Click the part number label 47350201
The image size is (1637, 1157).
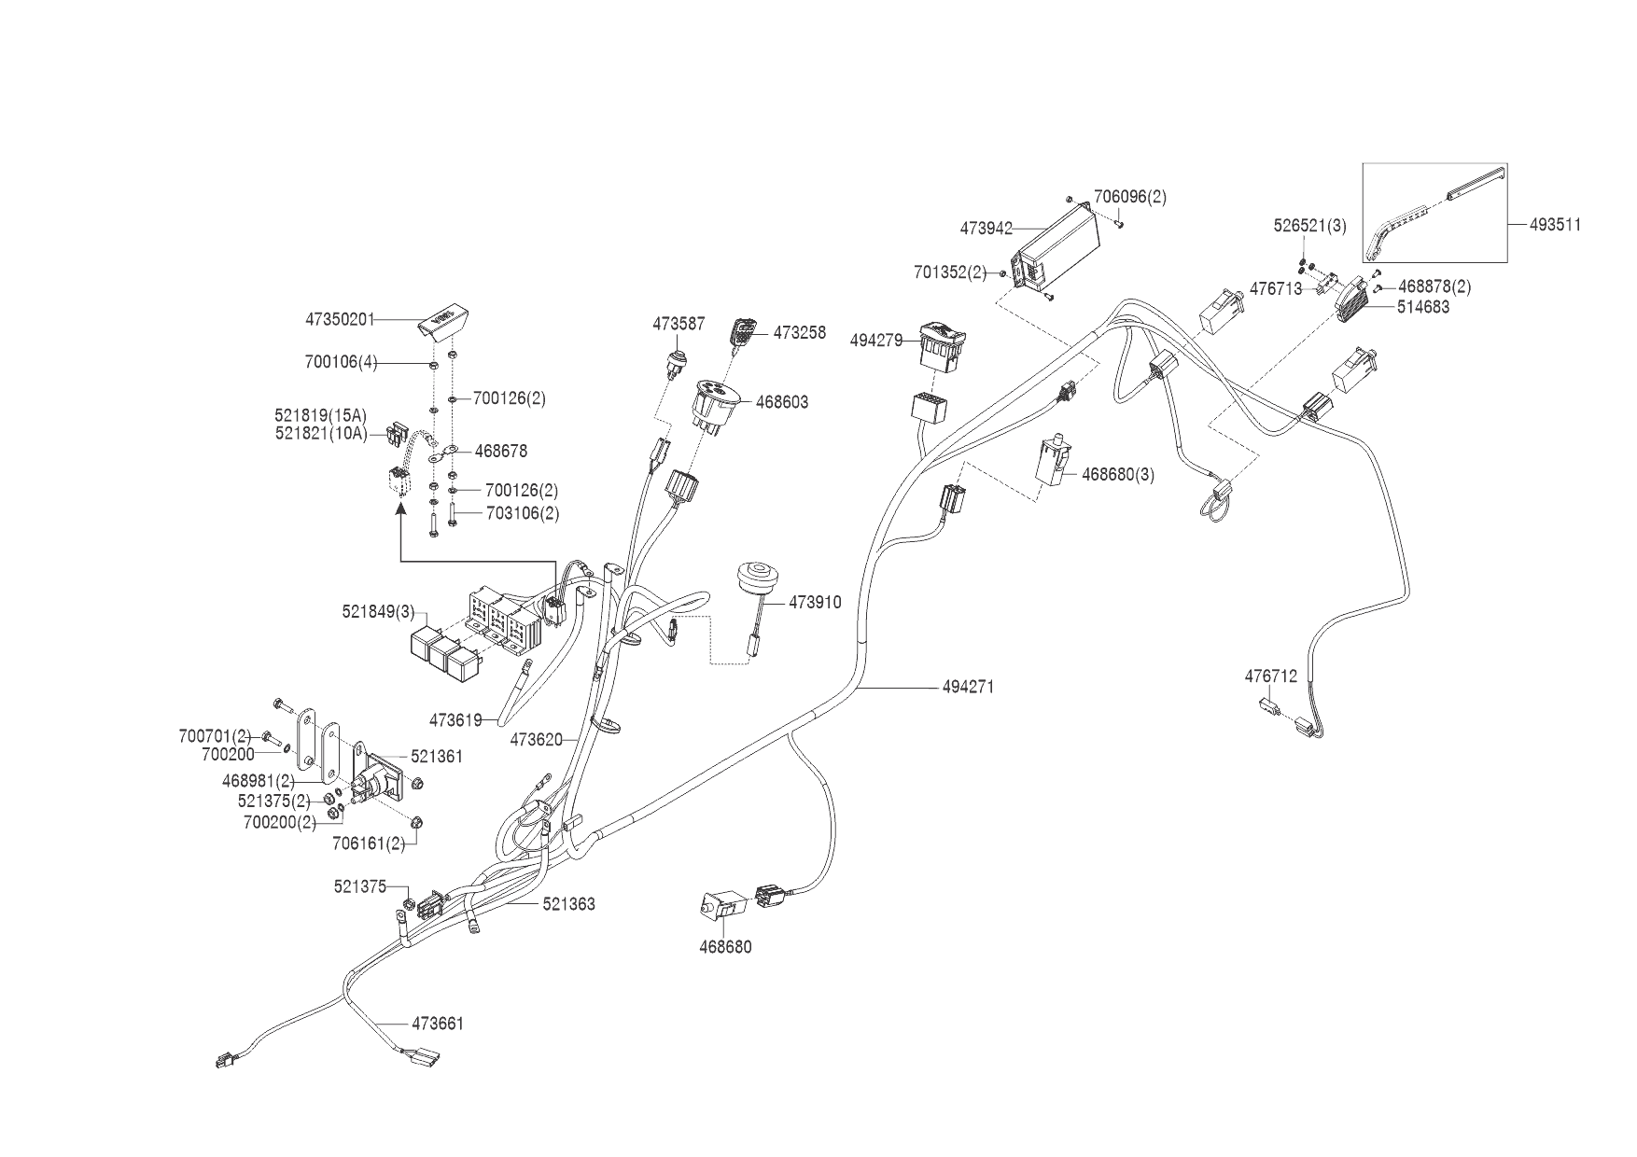pyautogui.click(x=340, y=320)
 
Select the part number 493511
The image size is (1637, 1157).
pyautogui.click(x=1555, y=225)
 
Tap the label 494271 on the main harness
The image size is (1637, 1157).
pyautogui.click(x=968, y=688)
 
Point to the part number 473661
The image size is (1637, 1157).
pyautogui.click(x=438, y=1024)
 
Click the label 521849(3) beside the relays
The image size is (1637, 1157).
pyautogui.click(x=378, y=612)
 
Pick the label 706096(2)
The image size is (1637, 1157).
pyautogui.click(x=1129, y=197)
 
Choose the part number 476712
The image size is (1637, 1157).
pyautogui.click(x=1270, y=677)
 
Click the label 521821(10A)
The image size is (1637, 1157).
pyautogui.click(x=321, y=434)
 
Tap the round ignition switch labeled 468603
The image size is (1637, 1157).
pyautogui.click(x=716, y=404)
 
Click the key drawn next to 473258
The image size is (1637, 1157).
pyautogui.click(x=745, y=333)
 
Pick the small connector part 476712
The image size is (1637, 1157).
pyautogui.click(x=1267, y=704)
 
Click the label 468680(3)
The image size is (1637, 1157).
pyautogui.click(x=1118, y=475)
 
